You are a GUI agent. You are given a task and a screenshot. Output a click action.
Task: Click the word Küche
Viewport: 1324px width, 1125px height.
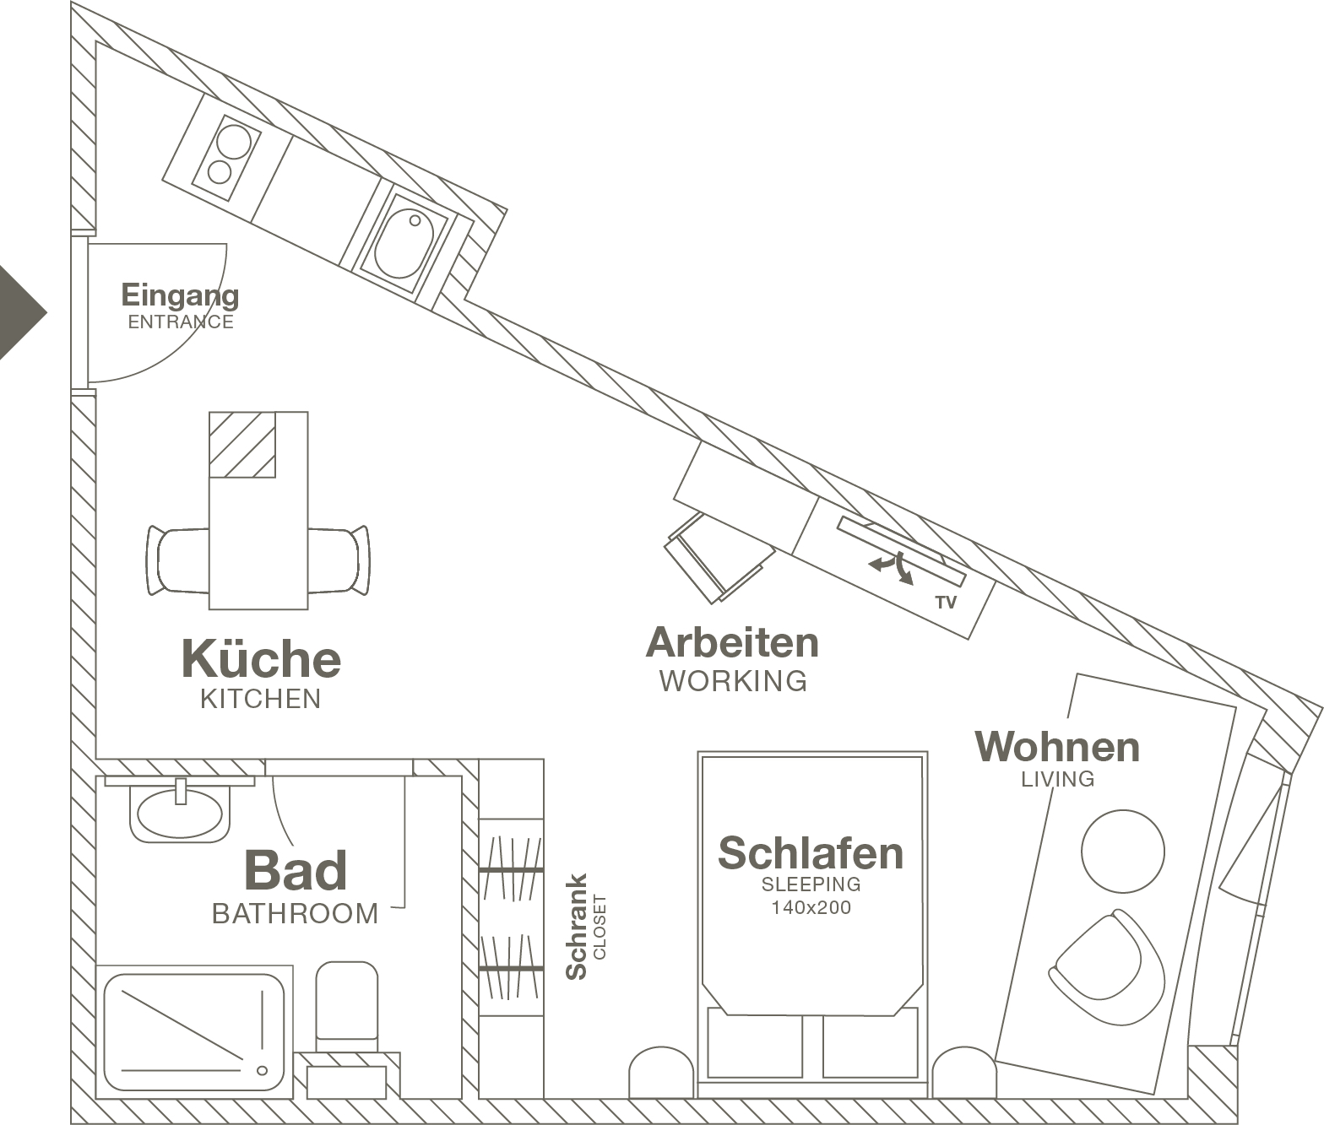pyautogui.click(x=261, y=659)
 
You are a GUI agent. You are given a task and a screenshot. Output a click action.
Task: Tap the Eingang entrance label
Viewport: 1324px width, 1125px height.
pyautogui.click(x=180, y=296)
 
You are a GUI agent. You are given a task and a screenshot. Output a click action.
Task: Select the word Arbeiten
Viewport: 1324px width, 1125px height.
pyautogui.click(x=732, y=643)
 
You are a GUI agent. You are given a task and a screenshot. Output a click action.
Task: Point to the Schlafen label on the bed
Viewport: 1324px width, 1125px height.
pyautogui.click(x=811, y=853)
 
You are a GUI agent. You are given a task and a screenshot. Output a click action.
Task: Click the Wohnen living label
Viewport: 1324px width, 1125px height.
pyautogui.click(x=1057, y=747)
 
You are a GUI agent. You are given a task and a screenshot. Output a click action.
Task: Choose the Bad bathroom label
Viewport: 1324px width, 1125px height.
pyautogui.click(x=296, y=870)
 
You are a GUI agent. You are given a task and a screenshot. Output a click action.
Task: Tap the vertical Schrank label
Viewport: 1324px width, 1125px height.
pyautogui.click(x=577, y=927)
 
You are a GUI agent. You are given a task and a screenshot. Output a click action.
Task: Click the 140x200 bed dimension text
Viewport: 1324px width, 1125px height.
pyautogui.click(x=811, y=908)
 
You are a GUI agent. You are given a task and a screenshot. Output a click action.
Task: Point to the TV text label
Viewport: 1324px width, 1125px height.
pyautogui.click(x=946, y=603)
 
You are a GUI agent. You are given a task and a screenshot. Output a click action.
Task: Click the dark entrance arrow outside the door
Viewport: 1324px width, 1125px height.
pyautogui.click(x=21, y=312)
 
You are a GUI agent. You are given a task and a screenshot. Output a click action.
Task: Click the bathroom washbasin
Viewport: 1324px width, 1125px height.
pyautogui.click(x=180, y=813)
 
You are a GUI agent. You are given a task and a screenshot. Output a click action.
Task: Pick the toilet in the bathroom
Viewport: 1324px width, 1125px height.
pyautogui.click(x=346, y=1004)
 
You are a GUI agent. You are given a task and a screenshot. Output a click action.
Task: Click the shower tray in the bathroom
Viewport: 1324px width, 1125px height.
pyautogui.click(x=195, y=1031)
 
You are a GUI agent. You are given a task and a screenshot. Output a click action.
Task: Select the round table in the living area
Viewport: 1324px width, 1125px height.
pyautogui.click(x=1122, y=852)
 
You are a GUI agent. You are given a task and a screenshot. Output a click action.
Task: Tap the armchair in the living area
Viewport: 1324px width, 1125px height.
pyautogui.click(x=1107, y=967)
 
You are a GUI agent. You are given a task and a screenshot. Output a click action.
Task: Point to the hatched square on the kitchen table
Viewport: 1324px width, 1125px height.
pyautogui.click(x=242, y=445)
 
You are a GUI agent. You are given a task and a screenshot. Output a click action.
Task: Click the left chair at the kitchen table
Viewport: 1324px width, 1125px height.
pyautogui.click(x=179, y=560)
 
